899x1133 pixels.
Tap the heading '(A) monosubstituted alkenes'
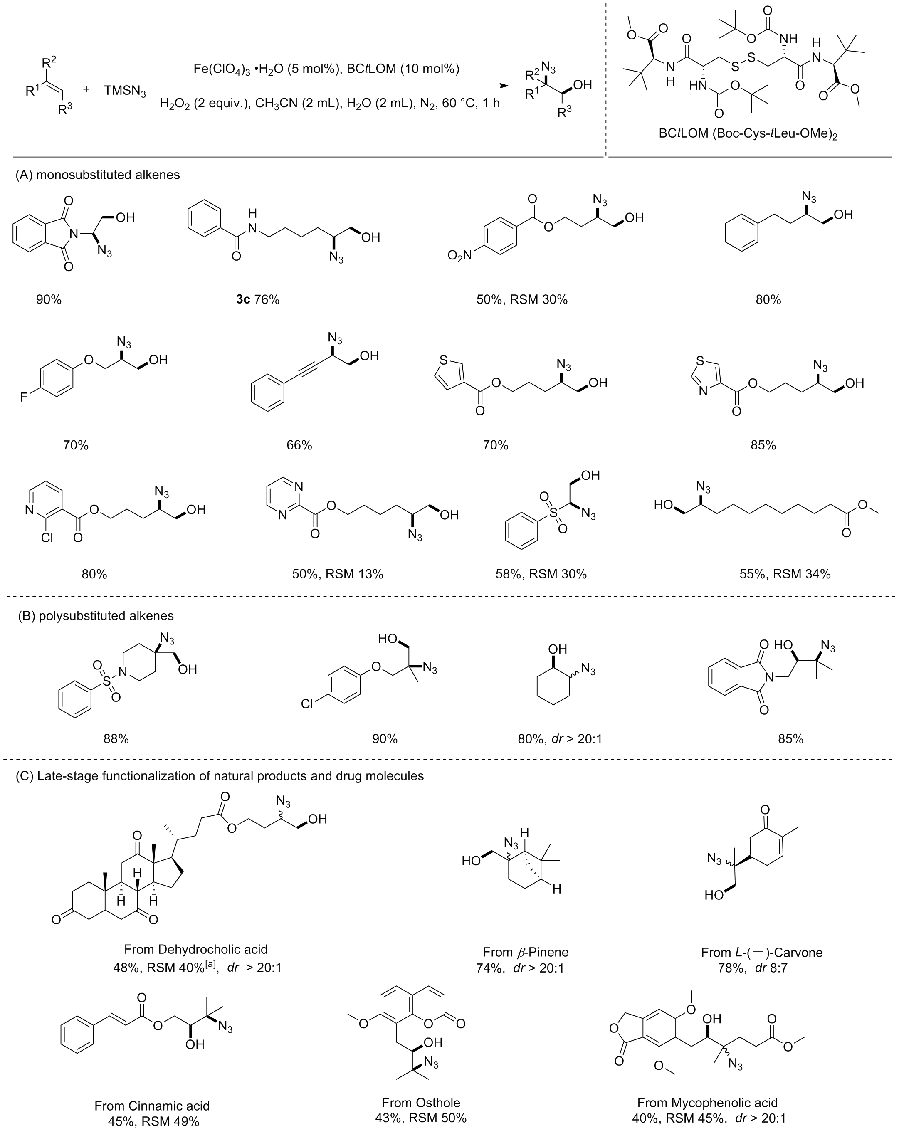click(98, 175)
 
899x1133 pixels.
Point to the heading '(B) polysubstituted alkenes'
click(96, 615)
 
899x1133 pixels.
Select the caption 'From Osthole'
click(421, 1103)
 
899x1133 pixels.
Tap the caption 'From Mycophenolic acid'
click(707, 1103)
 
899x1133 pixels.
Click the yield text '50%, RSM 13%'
click(338, 574)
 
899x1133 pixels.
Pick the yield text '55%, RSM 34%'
click(785, 574)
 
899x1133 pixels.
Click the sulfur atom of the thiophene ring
click(443, 361)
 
